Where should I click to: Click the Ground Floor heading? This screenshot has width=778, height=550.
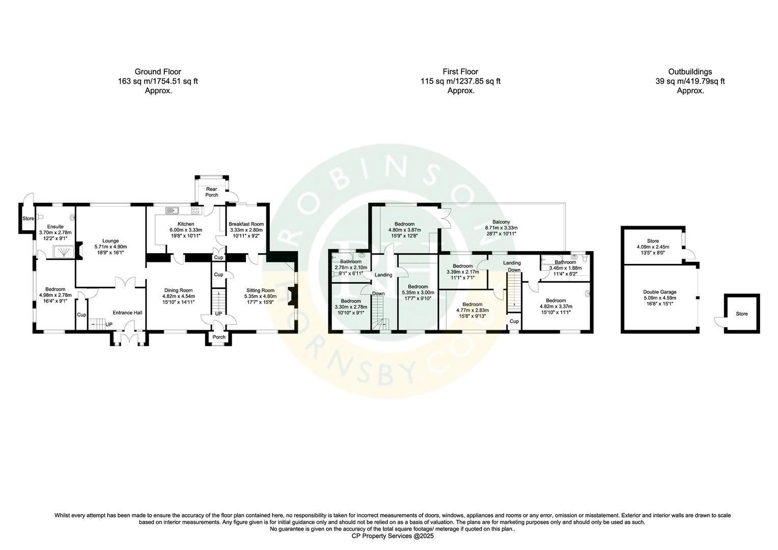[x=158, y=72]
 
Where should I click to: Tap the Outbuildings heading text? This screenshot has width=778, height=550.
[x=690, y=72]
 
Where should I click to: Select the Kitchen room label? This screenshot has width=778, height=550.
[x=186, y=224]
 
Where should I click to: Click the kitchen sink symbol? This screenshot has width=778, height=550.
[x=172, y=210]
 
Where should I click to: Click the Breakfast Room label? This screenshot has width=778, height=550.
[x=246, y=224]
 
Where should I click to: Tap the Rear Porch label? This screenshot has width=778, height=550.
[x=211, y=192]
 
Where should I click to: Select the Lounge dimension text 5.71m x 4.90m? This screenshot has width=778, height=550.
[x=111, y=246]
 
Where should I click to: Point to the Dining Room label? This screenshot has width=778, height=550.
[x=179, y=290]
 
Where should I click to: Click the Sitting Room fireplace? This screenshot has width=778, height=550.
[x=292, y=296]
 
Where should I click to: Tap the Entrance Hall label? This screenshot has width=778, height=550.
[x=127, y=313]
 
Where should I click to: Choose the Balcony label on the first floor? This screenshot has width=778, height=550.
[x=501, y=222]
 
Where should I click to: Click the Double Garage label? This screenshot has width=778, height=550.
[x=660, y=292]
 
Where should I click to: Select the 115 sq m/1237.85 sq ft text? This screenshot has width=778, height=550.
[x=461, y=81]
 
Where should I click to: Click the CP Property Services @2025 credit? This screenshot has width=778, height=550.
[x=393, y=536]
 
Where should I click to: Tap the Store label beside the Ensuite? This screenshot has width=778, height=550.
[x=28, y=218]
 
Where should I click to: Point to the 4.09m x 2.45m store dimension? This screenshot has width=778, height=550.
[x=653, y=247]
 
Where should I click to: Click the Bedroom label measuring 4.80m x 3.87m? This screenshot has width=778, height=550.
[x=405, y=224]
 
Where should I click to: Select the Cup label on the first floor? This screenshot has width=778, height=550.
[x=514, y=321]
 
